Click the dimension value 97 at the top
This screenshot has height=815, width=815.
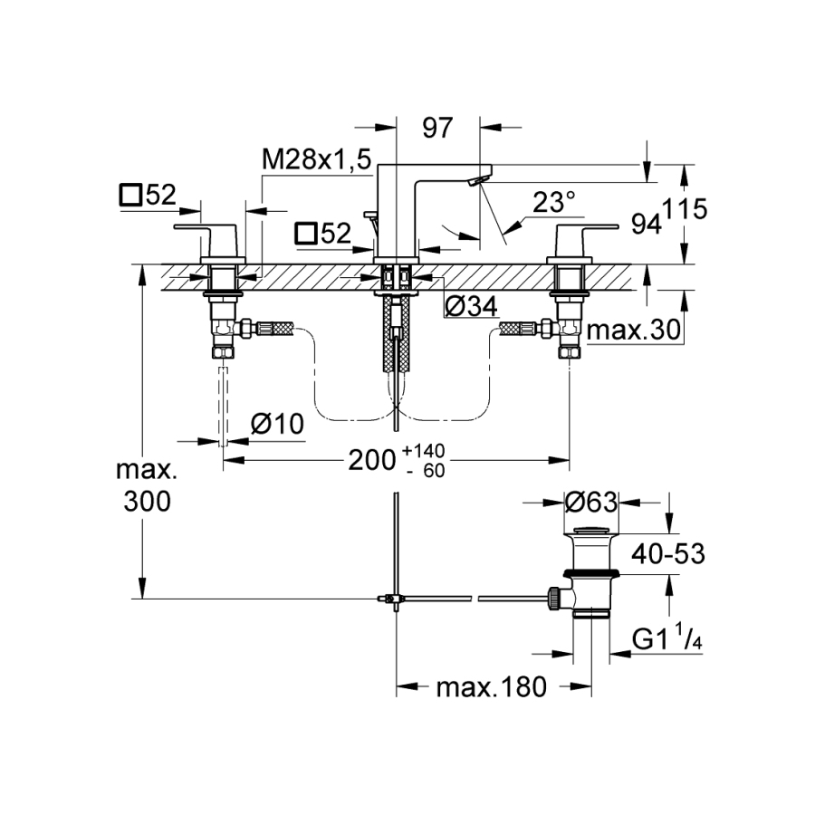[x=437, y=128]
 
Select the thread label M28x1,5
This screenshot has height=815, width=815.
[x=316, y=160]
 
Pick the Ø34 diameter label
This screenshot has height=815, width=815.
[x=471, y=307]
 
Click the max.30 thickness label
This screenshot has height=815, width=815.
[x=633, y=331]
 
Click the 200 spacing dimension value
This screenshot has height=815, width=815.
[x=370, y=460]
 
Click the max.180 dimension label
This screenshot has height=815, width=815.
[x=492, y=688]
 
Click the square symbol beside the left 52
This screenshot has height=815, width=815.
[x=131, y=195]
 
